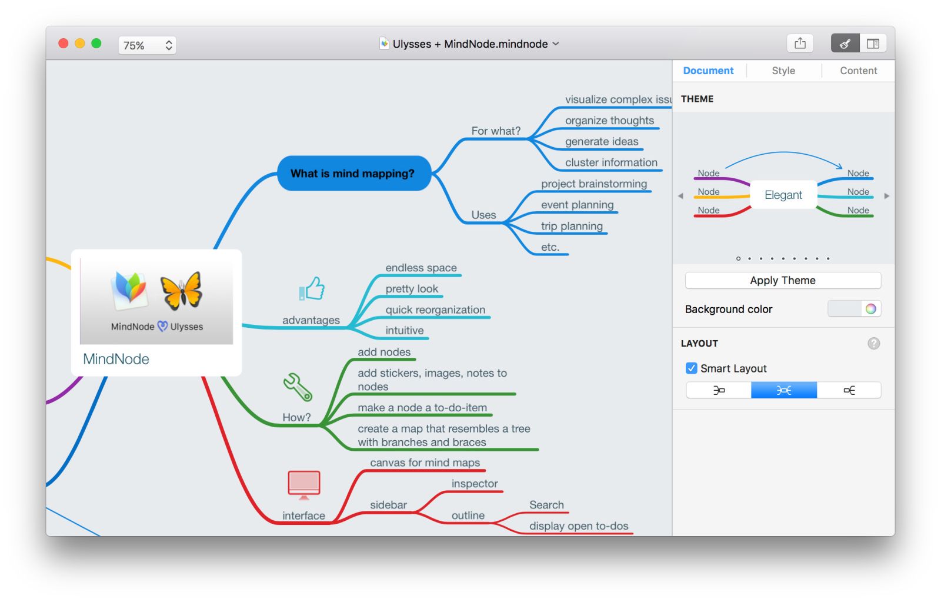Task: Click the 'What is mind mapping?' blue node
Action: (353, 174)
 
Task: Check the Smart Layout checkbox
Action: (692, 368)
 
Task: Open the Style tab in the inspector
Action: (783, 71)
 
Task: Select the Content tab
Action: (857, 71)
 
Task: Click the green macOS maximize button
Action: (96, 44)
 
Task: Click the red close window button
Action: (64, 44)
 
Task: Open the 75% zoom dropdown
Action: (147, 45)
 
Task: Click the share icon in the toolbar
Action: (800, 44)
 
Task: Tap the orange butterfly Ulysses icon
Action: (181, 291)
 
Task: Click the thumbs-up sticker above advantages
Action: (312, 289)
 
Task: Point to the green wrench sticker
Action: (298, 387)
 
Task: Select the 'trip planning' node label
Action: (572, 226)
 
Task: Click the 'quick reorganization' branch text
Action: (435, 310)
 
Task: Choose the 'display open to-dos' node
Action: (579, 526)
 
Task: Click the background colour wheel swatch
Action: (870, 309)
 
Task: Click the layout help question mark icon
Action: (873, 344)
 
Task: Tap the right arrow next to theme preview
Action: (886, 196)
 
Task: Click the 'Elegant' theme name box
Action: (783, 195)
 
